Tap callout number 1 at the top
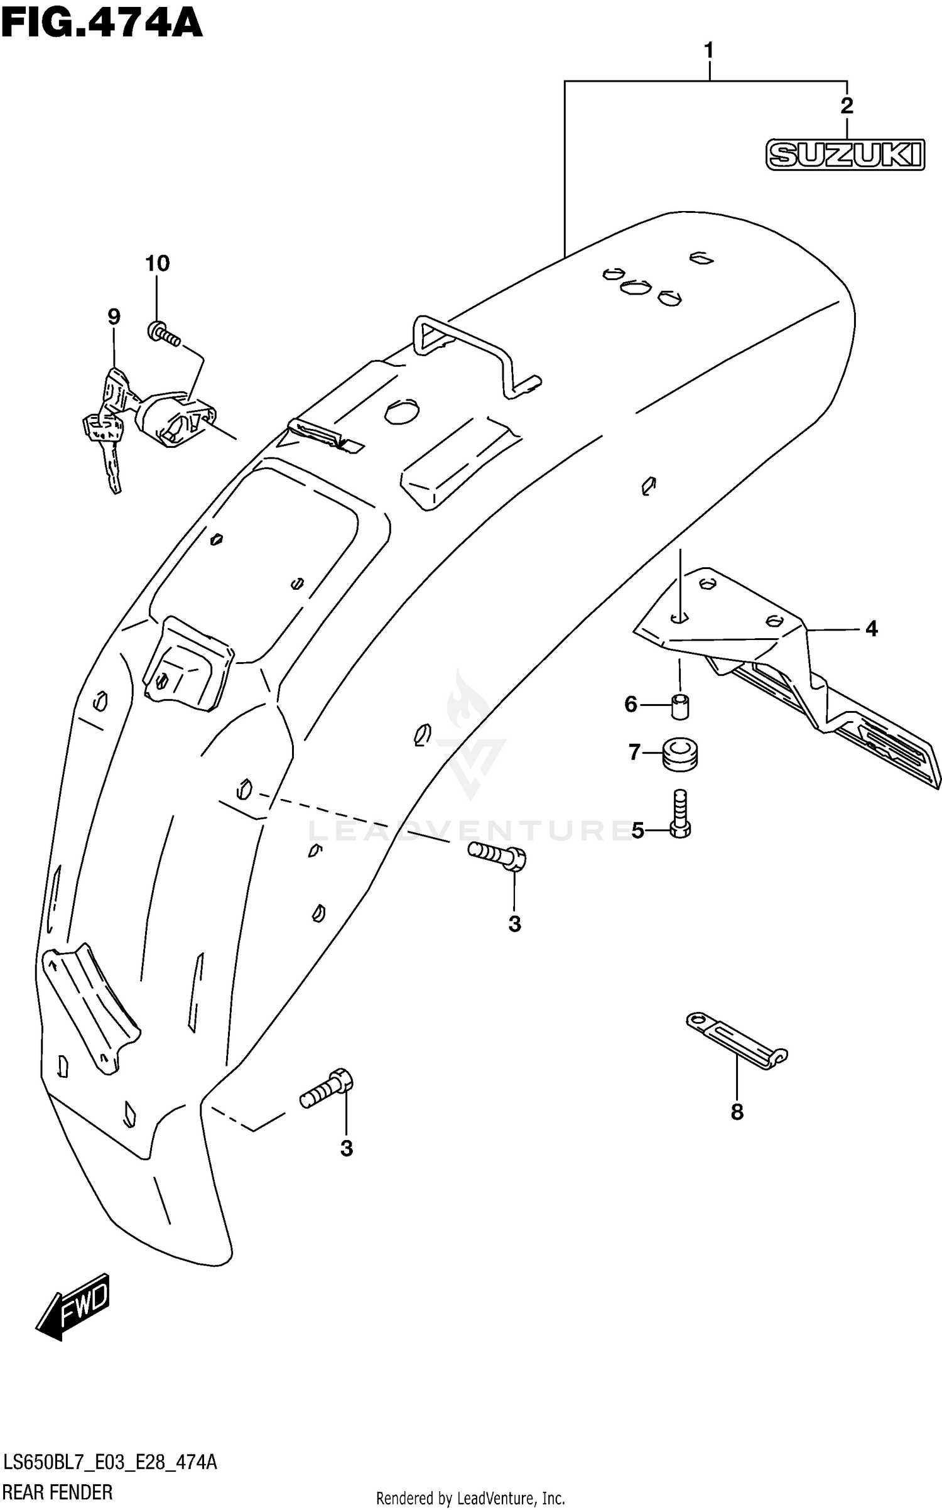click(x=708, y=51)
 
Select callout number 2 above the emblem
click(x=847, y=106)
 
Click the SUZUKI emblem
click(x=845, y=155)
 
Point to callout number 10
click(x=158, y=263)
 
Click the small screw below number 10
click(x=164, y=334)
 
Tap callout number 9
click(x=113, y=317)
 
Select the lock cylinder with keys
click(x=151, y=421)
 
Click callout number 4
click(x=871, y=628)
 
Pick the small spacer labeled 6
click(x=679, y=705)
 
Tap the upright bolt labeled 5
click(x=680, y=815)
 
